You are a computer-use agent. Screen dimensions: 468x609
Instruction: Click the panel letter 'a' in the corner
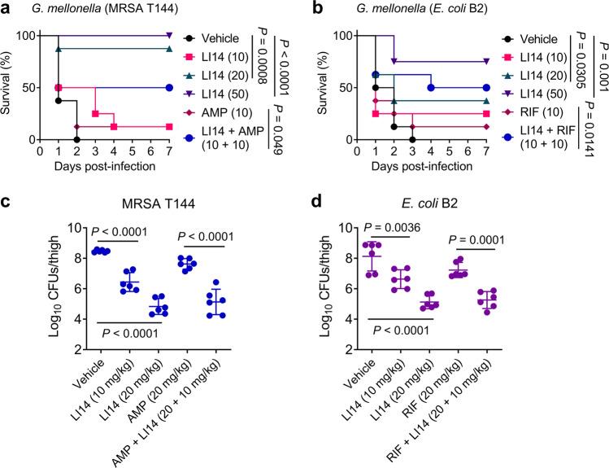(x=7, y=8)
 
